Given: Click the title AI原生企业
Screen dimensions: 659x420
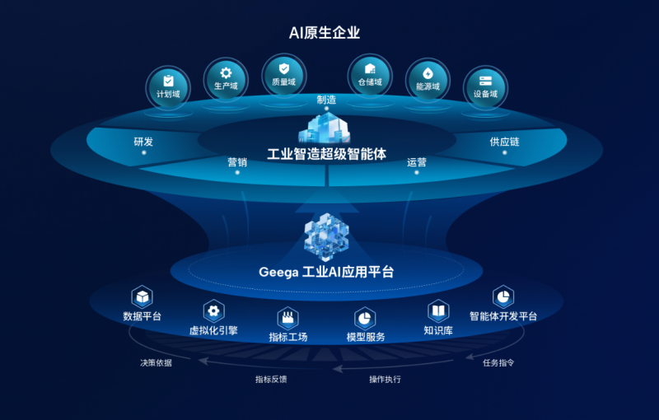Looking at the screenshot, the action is coord(325,33).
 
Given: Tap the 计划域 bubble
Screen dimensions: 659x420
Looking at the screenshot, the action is coord(168,88).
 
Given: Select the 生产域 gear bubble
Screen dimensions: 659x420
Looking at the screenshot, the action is coord(226,80).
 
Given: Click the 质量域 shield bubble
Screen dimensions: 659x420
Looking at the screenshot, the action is coord(284,76).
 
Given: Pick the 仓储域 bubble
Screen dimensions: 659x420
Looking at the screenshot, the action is coord(370,76).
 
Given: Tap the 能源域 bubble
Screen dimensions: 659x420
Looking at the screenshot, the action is coord(428,80).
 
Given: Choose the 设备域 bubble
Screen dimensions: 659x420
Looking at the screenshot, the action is coord(485,88).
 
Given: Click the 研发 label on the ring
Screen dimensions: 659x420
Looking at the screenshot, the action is coord(143,142).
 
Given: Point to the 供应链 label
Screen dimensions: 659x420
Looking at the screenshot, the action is coord(504,142).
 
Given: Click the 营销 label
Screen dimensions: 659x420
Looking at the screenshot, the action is coord(237,162).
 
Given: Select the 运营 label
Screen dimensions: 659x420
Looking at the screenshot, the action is coord(417,162).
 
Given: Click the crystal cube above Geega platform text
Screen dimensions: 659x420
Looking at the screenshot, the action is coord(326,236).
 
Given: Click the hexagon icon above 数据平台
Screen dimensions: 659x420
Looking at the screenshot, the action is coord(142,297).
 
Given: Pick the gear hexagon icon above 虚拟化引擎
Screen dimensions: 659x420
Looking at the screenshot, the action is coord(213,311).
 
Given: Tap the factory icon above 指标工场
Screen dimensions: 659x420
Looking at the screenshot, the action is coord(287,318).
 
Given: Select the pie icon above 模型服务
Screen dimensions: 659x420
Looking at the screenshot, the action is coord(365,319).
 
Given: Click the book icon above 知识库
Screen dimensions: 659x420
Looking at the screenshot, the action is coord(438,311).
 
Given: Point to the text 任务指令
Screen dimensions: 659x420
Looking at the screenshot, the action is coord(498,363).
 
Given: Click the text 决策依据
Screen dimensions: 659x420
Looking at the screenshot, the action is coord(156,363).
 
